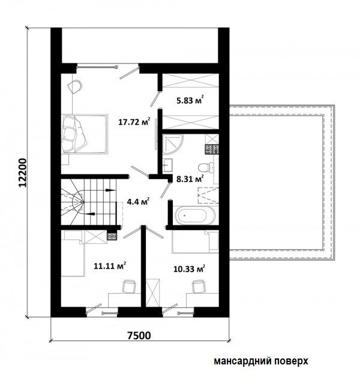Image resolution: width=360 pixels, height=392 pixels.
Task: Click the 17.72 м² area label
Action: coord(134,122)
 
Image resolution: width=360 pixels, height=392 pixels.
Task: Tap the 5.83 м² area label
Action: coord(190,100)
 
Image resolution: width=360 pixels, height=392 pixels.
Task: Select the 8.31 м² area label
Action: coord(190,179)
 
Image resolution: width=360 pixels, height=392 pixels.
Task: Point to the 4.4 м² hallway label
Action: coord(138,201)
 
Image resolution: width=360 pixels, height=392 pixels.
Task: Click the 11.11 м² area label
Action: coord(110,266)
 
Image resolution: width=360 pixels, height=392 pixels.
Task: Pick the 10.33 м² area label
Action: coord(190,269)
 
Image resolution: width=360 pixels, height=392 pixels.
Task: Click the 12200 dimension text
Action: coord(22,173)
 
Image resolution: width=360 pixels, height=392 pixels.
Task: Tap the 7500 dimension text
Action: coord(139,335)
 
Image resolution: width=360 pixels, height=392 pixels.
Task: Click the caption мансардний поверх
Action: coord(261,361)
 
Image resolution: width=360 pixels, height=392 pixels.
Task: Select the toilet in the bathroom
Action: coord(206,167)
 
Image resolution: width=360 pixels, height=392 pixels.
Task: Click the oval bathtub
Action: coord(194,215)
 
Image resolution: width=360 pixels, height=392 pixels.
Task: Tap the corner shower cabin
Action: coord(173,144)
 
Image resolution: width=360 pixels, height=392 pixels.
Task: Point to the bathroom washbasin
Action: coord(167,165)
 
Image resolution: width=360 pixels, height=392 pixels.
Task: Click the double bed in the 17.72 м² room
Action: coord(85,134)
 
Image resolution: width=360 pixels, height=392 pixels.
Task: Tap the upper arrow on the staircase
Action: coord(110,190)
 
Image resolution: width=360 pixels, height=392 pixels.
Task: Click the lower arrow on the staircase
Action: coord(91,213)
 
